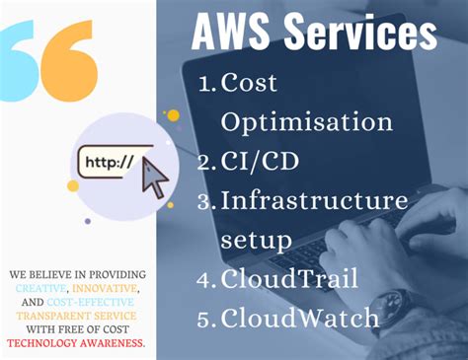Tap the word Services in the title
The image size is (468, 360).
[x=356, y=34]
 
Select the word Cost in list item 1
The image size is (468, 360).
[x=251, y=84]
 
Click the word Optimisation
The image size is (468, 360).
[x=307, y=122]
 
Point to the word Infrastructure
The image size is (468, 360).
[x=314, y=200]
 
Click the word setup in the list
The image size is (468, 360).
[x=256, y=240]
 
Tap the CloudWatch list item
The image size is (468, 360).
[x=300, y=318]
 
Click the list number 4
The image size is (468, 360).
[x=205, y=279]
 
